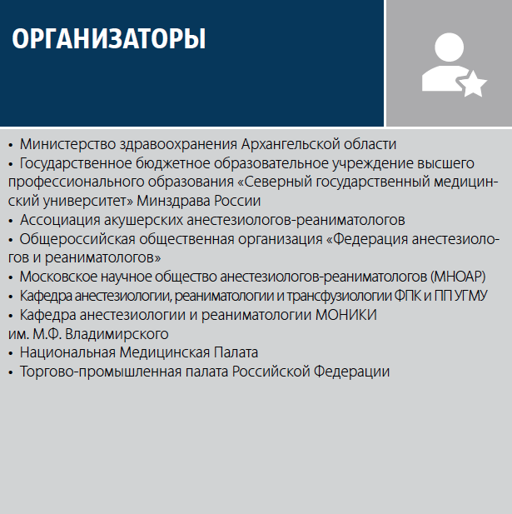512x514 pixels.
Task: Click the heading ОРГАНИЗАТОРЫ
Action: click(x=109, y=38)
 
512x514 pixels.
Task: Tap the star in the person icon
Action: click(x=473, y=84)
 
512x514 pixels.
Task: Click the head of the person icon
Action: click(x=449, y=47)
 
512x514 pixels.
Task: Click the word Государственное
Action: click(x=76, y=163)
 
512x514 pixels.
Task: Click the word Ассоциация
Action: click(x=60, y=220)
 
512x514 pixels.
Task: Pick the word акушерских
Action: click(x=143, y=220)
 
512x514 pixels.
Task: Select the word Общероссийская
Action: click(x=77, y=239)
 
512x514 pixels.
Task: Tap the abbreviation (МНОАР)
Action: click(x=458, y=277)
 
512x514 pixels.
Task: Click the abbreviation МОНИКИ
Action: click(x=346, y=315)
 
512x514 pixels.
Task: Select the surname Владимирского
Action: click(x=117, y=334)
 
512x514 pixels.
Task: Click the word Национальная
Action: click(x=67, y=352)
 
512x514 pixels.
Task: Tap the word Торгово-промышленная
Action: click(x=101, y=372)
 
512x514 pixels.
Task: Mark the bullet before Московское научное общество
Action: click(x=11, y=277)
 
